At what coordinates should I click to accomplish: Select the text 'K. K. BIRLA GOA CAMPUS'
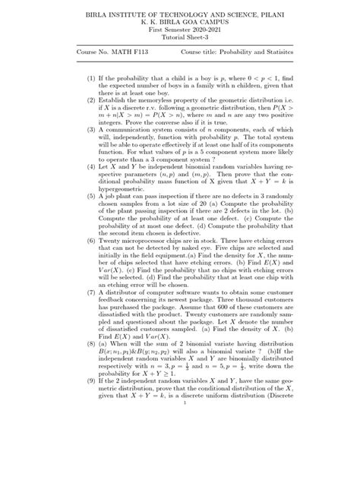[179, 24]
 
